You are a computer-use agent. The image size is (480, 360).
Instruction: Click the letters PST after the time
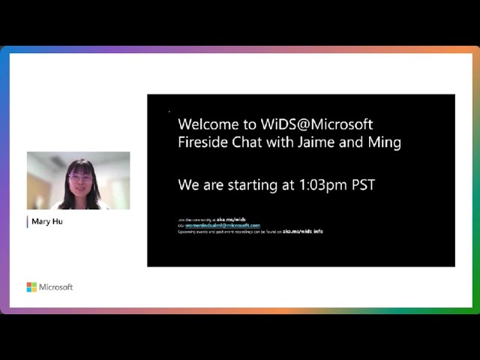363,184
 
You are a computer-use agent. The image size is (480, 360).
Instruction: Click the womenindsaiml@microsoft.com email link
223,225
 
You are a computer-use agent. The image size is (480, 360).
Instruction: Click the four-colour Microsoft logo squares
31,287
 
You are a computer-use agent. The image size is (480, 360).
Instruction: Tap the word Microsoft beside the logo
56,287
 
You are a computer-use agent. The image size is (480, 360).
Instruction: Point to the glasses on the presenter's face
79,178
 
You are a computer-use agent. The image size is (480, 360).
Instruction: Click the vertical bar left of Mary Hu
28,221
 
